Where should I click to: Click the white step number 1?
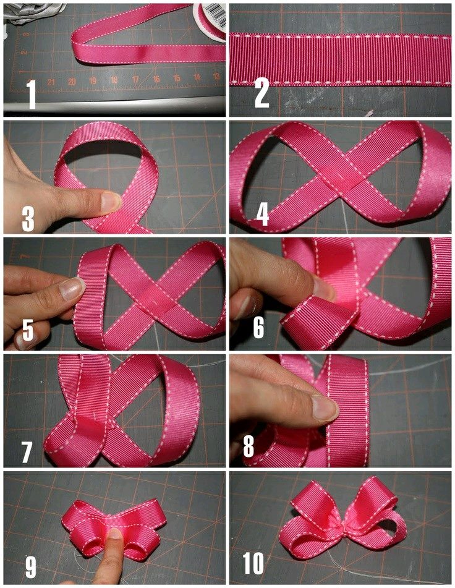[x=32, y=95]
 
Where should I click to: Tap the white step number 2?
[x=262, y=94]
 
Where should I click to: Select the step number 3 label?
[x=28, y=218]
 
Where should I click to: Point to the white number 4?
[x=263, y=214]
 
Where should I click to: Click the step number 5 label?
[x=28, y=331]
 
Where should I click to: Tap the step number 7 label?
[x=27, y=452]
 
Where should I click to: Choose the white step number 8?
[x=249, y=446]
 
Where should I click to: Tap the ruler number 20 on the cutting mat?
[x=72, y=82]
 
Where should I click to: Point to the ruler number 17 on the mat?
[x=135, y=80]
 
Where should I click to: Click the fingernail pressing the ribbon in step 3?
[x=111, y=200]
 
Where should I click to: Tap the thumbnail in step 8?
[x=325, y=408]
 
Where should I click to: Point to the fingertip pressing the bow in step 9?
[x=114, y=535]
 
